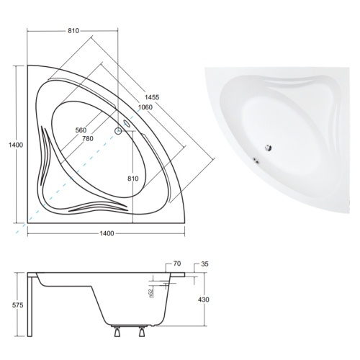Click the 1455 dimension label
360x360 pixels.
point(152,97)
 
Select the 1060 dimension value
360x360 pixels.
point(145,107)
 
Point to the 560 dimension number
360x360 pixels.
point(81,130)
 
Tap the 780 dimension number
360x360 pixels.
point(88,138)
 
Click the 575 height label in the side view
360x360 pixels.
point(18,305)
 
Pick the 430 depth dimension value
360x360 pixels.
point(204,300)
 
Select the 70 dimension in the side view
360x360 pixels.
point(177,264)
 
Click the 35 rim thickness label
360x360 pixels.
point(204,264)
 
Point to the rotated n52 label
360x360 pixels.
point(150,293)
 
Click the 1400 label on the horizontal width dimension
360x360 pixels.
point(107,233)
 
